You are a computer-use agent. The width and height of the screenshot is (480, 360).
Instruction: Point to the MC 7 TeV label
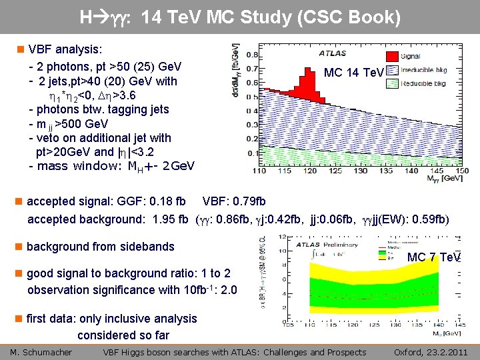434,257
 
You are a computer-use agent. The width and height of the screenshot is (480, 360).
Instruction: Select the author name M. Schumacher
41,352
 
